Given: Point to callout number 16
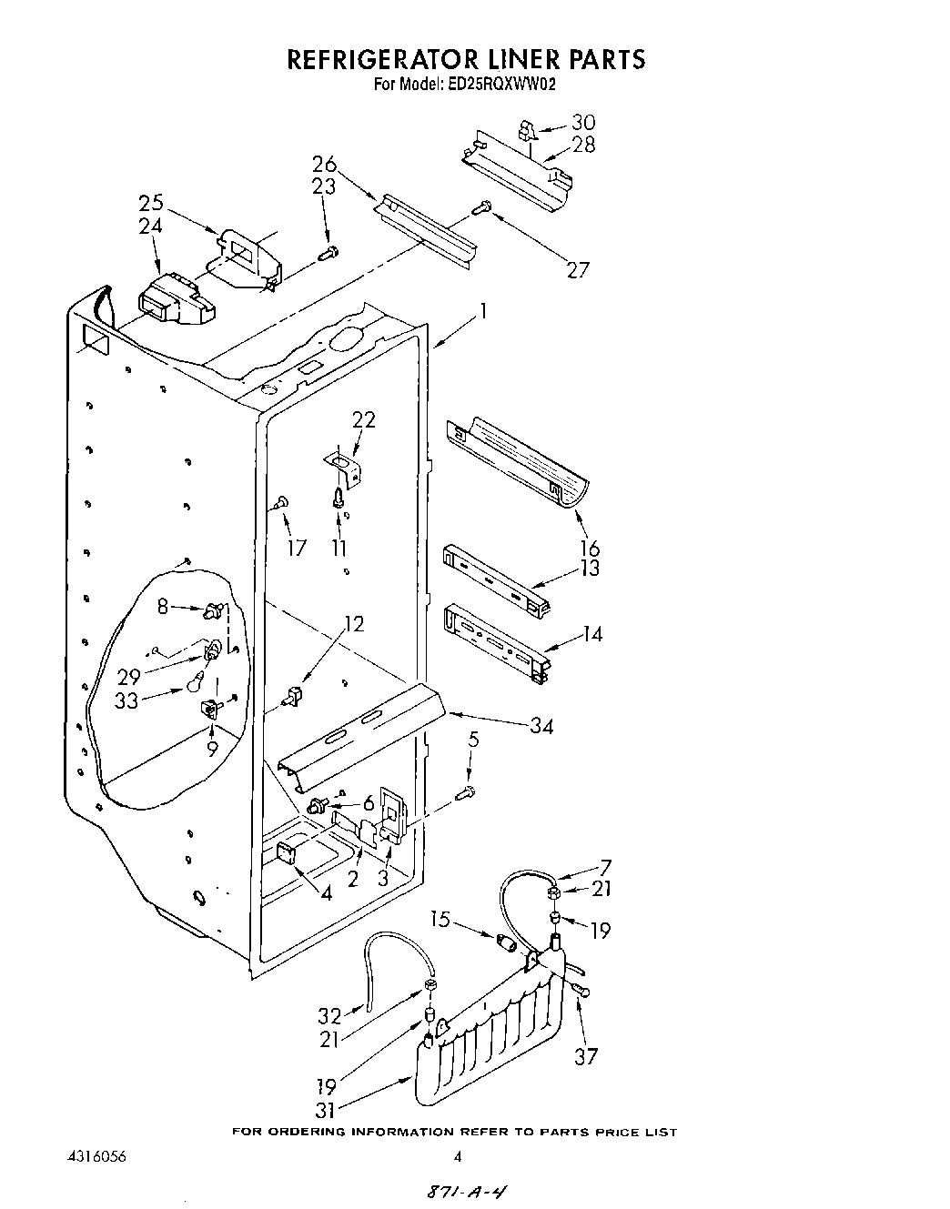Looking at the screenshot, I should point(590,548).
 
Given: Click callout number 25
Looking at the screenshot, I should point(151,203).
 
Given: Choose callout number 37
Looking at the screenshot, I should point(585,1056).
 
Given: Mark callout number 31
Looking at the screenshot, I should point(325,1110).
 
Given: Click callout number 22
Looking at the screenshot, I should point(364,420).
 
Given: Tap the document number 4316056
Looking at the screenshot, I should point(96,1157).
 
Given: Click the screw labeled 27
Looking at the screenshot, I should point(484,209).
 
